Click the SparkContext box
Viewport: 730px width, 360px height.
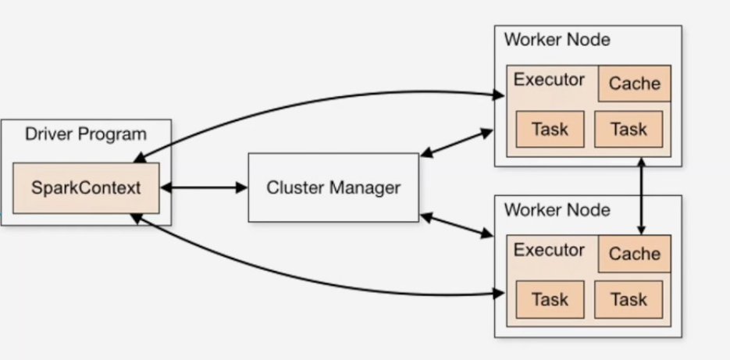click(86, 188)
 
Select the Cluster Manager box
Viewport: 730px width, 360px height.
click(333, 187)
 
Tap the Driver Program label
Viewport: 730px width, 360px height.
click(85, 134)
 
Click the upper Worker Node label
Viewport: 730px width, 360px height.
click(557, 40)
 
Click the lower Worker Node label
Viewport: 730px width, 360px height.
click(557, 210)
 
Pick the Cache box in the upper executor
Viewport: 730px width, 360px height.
click(634, 84)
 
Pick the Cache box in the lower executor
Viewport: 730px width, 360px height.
click(634, 254)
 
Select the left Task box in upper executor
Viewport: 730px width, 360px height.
click(550, 129)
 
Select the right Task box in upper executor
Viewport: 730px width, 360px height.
click(629, 129)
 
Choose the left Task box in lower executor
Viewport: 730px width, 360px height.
click(550, 299)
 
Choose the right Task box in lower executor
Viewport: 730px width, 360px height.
click(629, 299)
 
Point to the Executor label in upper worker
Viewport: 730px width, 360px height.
click(549, 80)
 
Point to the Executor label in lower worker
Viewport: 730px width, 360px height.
click(549, 250)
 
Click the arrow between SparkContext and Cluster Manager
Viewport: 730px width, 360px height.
click(203, 187)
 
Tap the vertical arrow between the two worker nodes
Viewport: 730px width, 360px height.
click(641, 195)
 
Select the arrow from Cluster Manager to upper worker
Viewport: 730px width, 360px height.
click(457, 143)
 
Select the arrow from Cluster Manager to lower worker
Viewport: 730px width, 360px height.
click(457, 226)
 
